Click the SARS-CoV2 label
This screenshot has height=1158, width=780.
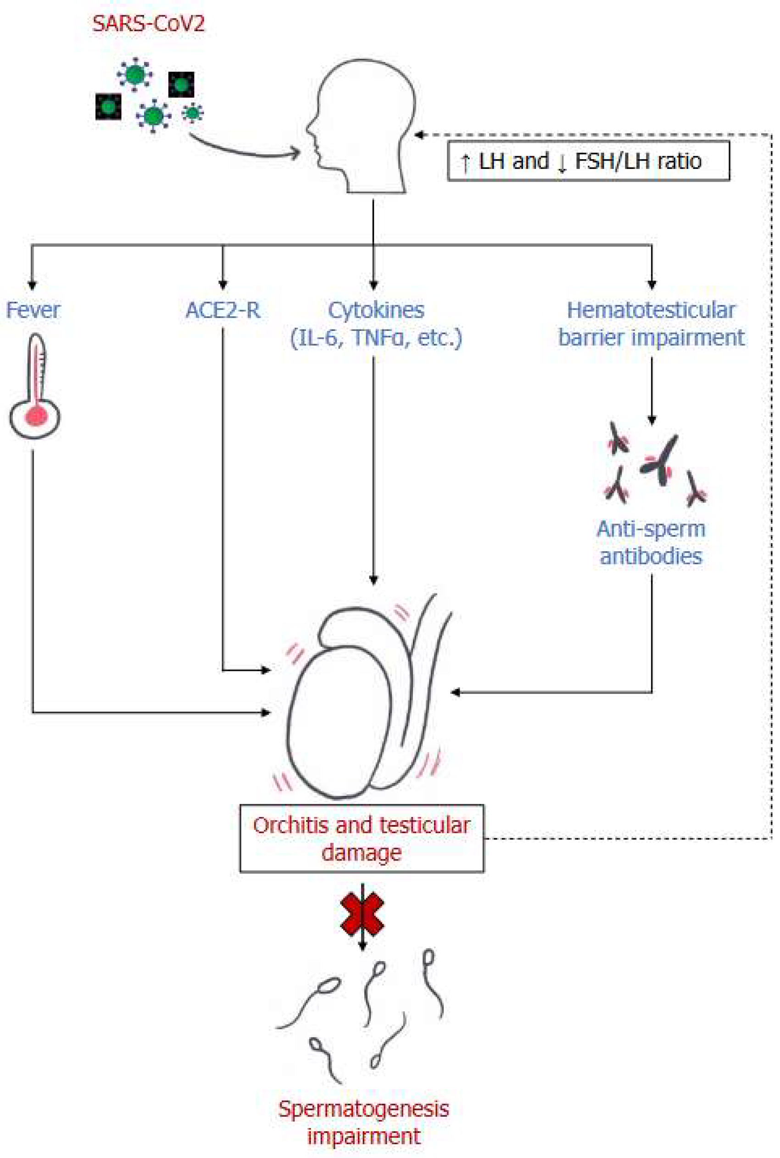(x=148, y=24)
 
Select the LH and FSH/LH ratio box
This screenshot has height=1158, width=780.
(x=589, y=161)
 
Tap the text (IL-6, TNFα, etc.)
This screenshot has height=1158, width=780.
(x=376, y=338)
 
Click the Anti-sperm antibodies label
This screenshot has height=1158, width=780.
(x=651, y=543)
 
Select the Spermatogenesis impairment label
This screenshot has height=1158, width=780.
(x=364, y=1122)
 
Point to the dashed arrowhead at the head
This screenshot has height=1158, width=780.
(x=419, y=135)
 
